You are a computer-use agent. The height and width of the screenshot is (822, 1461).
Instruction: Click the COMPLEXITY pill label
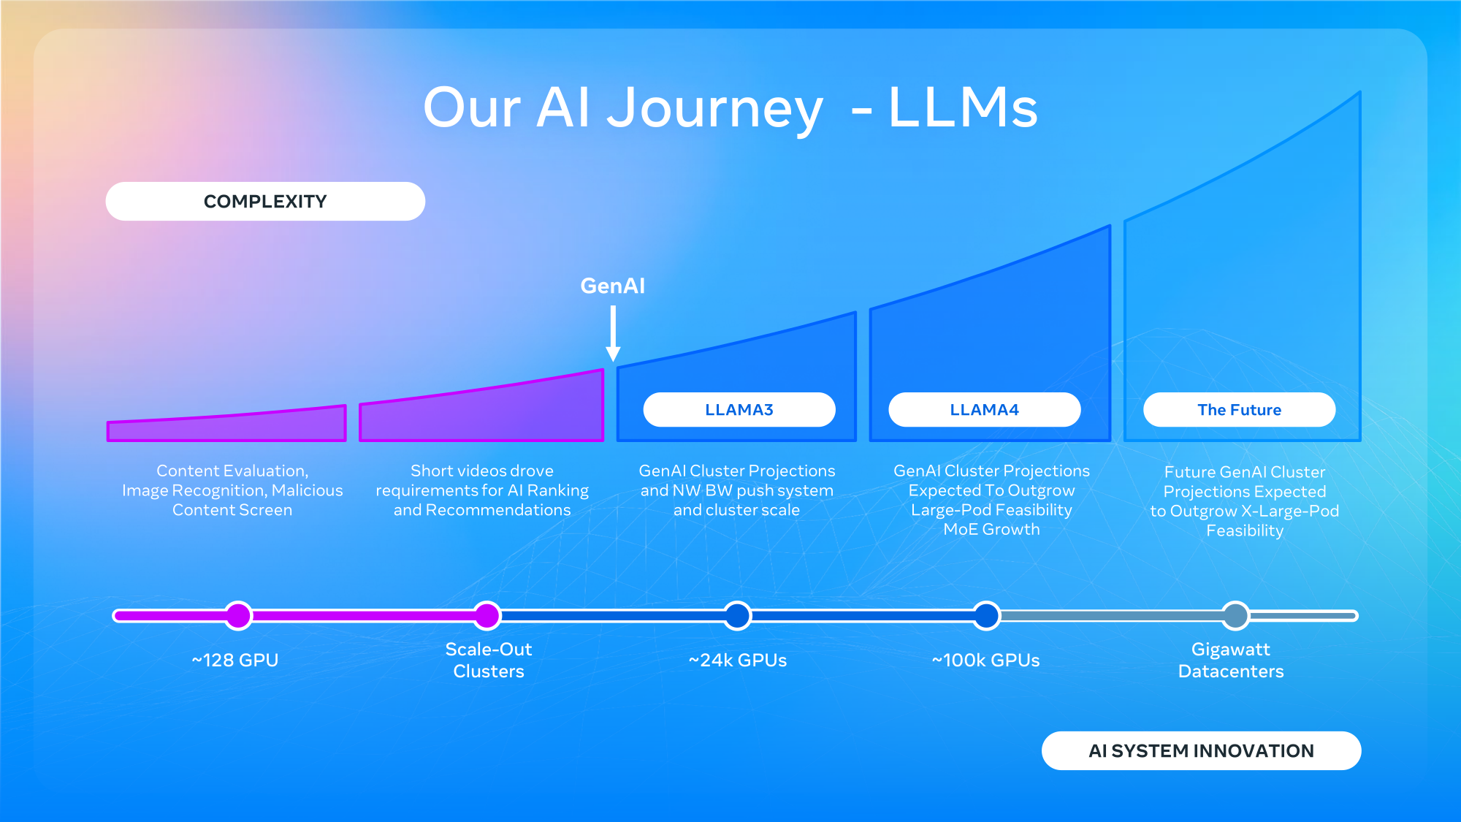[x=265, y=202]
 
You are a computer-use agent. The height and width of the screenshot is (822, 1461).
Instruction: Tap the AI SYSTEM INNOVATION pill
[x=1201, y=751]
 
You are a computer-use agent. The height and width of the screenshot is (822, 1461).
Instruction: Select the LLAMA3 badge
[x=739, y=410]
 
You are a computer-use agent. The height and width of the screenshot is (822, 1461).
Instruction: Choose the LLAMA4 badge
[x=984, y=410]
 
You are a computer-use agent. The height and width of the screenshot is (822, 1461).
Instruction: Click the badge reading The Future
[x=1239, y=410]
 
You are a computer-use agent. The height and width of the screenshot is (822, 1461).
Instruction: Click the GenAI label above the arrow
[x=612, y=286]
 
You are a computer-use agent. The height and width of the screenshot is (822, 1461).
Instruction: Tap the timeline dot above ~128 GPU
[x=238, y=616]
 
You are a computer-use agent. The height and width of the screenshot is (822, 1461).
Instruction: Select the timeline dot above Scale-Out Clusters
[x=487, y=616]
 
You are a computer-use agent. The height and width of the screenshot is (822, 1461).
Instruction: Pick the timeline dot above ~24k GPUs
[x=738, y=616]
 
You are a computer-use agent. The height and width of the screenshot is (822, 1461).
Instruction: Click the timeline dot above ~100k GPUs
[x=986, y=616]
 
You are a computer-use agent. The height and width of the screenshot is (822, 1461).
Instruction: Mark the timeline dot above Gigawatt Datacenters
[x=1235, y=616]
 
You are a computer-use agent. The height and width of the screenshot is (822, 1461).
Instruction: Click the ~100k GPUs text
[x=985, y=661]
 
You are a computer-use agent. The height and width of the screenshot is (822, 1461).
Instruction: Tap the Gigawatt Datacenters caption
[x=1231, y=661]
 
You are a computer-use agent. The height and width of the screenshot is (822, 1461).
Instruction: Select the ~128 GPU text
[x=234, y=661]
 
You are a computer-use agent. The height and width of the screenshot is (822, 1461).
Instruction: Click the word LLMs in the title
[x=963, y=108]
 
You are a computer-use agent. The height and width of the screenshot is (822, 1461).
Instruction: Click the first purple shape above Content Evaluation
[x=226, y=426]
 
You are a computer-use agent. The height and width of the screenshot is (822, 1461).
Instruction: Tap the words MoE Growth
[x=991, y=530]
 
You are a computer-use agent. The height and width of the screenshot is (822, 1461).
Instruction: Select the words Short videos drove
[x=481, y=471]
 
